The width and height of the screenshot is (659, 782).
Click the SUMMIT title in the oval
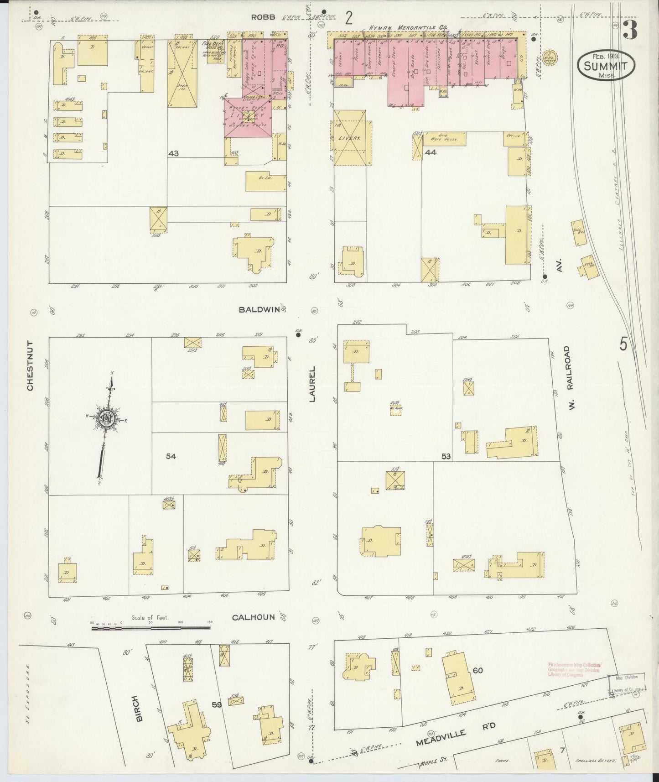[x=605, y=67]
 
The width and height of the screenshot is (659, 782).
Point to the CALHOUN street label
[x=253, y=617]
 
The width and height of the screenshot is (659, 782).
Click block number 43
[x=173, y=154]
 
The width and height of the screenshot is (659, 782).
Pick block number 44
[x=430, y=152]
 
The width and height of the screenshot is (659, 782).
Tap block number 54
[x=171, y=456]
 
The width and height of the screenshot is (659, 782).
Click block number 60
[x=477, y=670]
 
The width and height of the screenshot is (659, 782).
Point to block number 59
[x=217, y=704]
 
